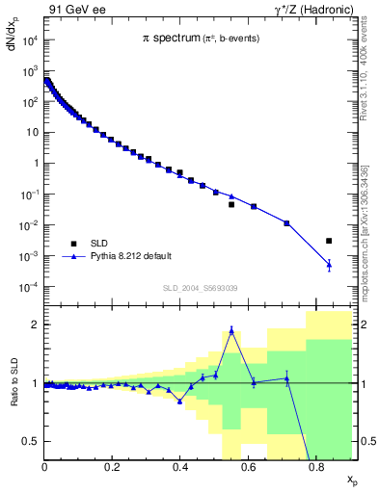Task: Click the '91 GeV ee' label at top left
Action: point(76,10)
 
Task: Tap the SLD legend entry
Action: point(100,244)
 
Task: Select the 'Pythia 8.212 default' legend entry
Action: point(125,257)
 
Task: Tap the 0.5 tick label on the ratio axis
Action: point(32,441)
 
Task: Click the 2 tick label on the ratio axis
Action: point(35,325)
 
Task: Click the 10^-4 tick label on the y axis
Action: point(29,287)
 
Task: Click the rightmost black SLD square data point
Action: point(329,241)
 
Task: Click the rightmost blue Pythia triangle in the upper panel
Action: point(329,265)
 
